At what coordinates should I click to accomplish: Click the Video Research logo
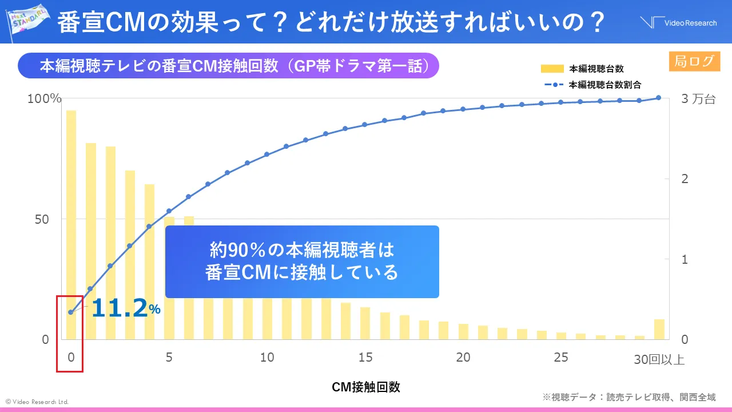(678, 22)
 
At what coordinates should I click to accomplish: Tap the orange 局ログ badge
(694, 61)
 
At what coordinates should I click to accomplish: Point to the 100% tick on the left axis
(44, 98)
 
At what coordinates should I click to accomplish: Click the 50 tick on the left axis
(44, 219)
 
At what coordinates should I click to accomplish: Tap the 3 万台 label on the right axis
(698, 98)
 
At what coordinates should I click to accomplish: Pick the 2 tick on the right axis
(685, 179)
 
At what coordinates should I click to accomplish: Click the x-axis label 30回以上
(659, 359)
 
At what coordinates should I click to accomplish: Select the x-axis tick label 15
(365, 357)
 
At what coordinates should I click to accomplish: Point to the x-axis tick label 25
(561, 357)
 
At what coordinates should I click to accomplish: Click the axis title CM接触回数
(365, 387)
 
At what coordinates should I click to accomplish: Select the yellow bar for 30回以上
(659, 329)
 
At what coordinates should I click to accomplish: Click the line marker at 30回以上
(658, 98)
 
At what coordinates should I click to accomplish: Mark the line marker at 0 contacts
(71, 312)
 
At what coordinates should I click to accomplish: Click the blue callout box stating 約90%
(302, 262)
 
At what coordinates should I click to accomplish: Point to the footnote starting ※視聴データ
(628, 397)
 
